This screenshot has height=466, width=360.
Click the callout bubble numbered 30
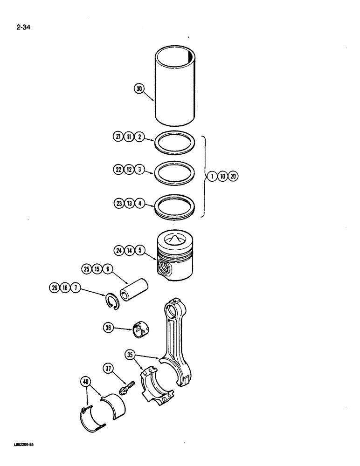coord(138,88)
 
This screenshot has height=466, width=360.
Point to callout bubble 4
coord(139,203)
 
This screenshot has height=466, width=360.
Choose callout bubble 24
coord(119,251)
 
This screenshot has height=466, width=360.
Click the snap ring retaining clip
coord(112,300)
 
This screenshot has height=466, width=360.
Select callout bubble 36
coord(109,329)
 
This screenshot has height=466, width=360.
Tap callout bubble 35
coord(130,355)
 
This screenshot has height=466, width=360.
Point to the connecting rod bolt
coord(126,389)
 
